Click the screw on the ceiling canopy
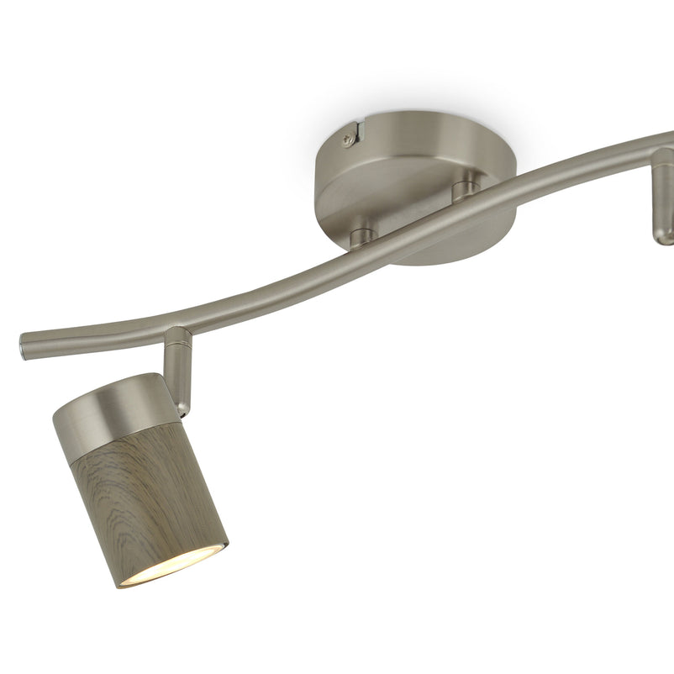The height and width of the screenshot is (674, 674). [x=346, y=143]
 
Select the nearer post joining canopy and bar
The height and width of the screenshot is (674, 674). [x=361, y=234]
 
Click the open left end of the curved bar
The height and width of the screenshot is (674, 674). [x=23, y=344]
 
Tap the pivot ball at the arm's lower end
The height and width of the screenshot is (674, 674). [x=180, y=403]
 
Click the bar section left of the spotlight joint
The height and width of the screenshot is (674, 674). [x=92, y=332]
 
